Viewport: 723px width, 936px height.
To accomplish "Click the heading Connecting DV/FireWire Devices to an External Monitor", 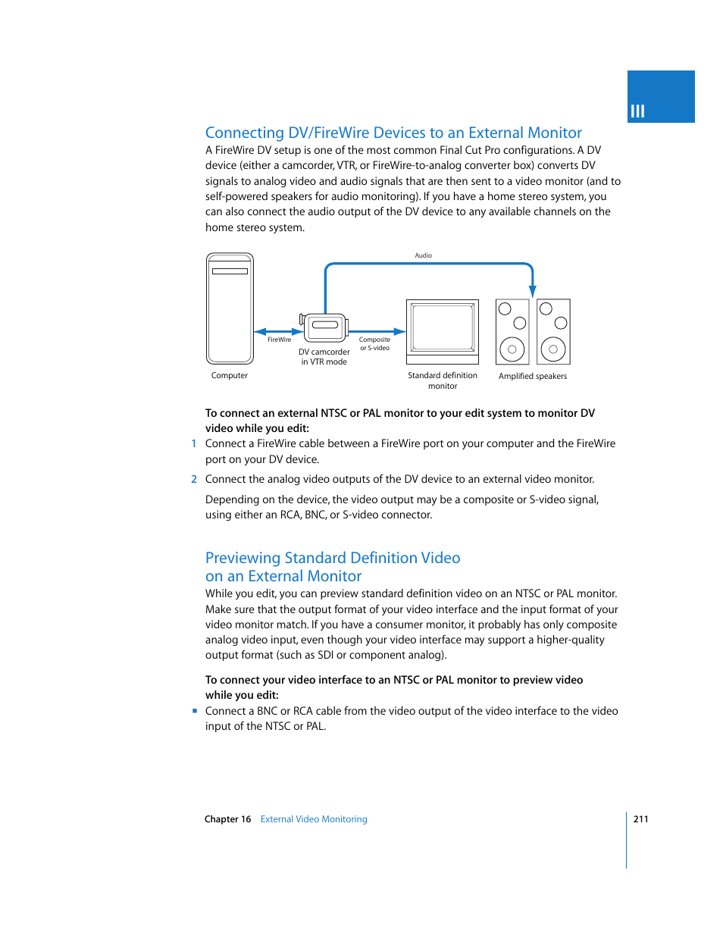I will (393, 133).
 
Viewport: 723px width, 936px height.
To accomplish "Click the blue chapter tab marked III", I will (660, 97).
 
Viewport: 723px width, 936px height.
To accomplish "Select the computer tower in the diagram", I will (230, 308).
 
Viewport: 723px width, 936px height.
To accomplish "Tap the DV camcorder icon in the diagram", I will (325, 326).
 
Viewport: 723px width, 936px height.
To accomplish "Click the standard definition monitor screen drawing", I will (443, 327).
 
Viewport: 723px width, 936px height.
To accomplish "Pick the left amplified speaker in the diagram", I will (512, 332).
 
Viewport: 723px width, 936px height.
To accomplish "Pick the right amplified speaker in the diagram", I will (553, 332).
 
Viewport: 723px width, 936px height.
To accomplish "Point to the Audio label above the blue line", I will (423, 255).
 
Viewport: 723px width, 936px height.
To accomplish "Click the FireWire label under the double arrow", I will (279, 340).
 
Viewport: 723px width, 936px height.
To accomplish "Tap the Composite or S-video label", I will (374, 344).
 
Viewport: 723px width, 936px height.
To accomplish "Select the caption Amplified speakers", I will (532, 376).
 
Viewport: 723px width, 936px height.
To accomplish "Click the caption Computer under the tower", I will (229, 375).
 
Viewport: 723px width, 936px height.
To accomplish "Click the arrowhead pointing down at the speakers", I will (533, 291).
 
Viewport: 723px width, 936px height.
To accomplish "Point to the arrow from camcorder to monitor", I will (377, 331).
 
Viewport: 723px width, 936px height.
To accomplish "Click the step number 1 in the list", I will (194, 444).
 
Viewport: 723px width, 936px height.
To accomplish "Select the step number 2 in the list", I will (194, 479).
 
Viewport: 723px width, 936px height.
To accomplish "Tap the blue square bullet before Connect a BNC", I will (195, 711).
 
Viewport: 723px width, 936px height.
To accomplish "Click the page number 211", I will (640, 819).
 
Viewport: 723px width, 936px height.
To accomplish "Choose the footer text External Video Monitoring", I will (314, 819).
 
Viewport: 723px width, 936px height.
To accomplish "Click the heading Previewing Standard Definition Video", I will (333, 558).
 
